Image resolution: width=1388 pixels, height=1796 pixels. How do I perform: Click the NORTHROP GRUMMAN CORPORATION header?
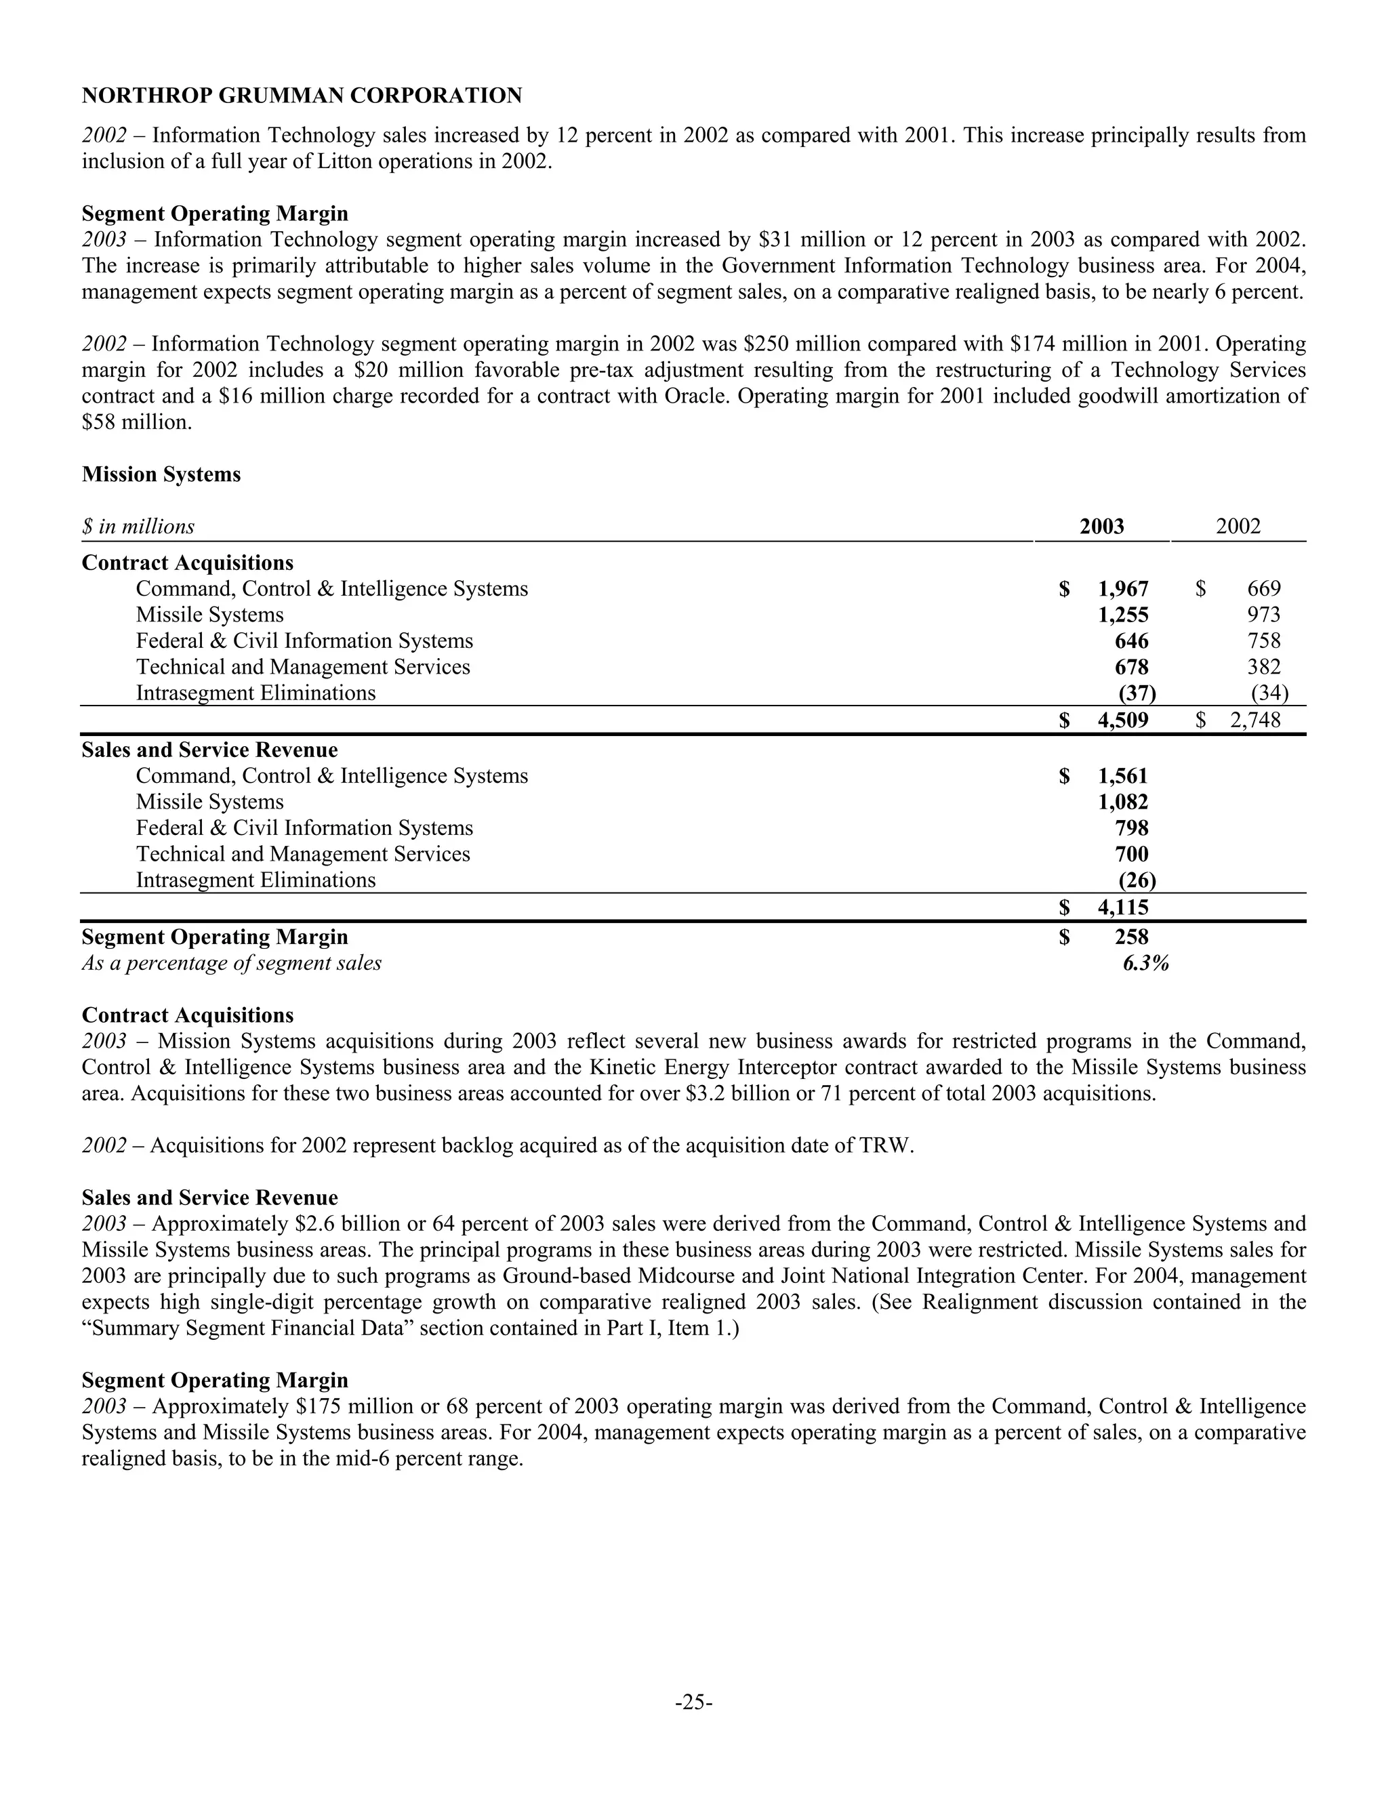[302, 96]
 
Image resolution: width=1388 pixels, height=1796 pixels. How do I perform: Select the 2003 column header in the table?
[1101, 527]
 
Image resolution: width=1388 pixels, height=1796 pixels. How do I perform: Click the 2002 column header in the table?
[1238, 527]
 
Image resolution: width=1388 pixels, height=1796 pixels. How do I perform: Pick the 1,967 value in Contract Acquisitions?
[1122, 589]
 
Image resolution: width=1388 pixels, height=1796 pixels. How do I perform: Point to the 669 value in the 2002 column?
[1263, 589]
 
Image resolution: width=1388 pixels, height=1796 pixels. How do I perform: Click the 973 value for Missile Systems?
[1263, 615]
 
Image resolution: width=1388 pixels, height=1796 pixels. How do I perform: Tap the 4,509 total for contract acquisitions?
[1122, 720]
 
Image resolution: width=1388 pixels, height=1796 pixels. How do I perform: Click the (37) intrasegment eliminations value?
[1137, 693]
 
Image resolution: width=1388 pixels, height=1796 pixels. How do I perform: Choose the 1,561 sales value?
[1122, 776]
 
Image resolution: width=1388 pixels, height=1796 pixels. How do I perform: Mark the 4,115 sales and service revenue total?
[1122, 908]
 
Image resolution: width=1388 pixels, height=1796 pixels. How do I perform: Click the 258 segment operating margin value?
[1131, 937]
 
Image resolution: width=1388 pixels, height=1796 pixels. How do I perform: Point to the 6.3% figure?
[1145, 963]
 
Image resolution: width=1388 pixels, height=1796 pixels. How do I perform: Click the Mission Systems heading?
[161, 474]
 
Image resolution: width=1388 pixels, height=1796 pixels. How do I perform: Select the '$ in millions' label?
[138, 527]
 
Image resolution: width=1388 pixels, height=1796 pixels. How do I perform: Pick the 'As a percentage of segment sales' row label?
[231, 963]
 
